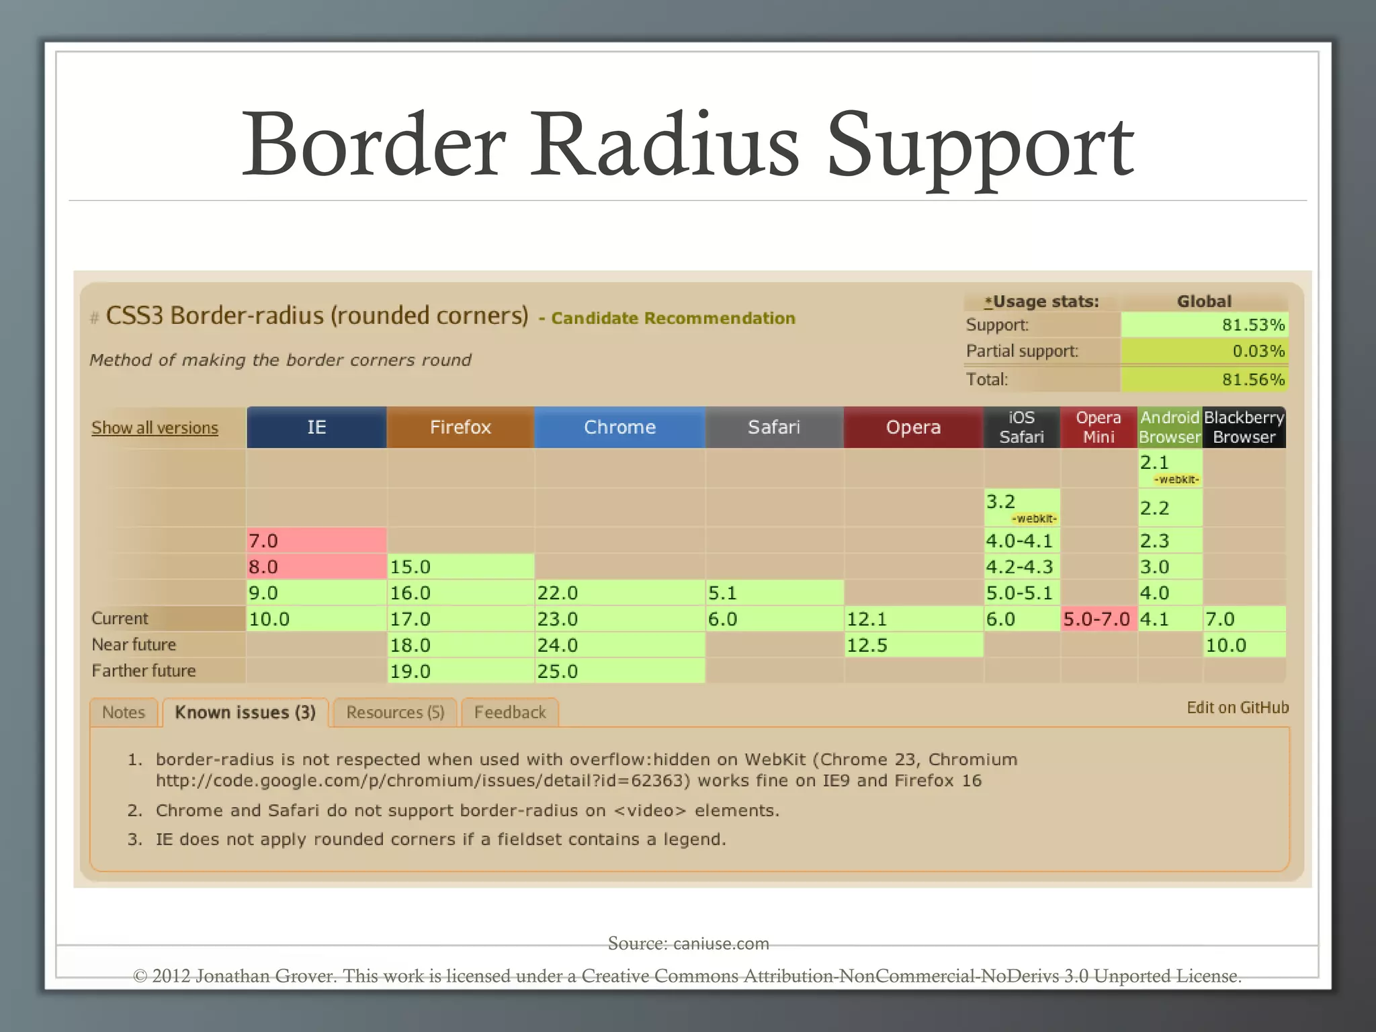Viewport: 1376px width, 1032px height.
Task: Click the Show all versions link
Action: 155,428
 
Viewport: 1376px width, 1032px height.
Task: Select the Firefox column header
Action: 460,427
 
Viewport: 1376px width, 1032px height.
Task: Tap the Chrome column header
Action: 619,427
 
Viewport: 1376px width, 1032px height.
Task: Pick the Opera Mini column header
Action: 1099,427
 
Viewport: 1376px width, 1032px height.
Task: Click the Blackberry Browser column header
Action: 1244,427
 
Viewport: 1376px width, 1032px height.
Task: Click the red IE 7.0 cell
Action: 316,540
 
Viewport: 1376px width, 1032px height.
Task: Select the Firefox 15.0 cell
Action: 460,566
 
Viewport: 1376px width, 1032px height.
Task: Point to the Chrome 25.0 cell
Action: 619,671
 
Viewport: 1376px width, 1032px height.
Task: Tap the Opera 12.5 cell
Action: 913,645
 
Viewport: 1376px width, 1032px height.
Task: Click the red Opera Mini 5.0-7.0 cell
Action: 1099,619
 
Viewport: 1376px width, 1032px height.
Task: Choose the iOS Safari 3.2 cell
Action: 1021,507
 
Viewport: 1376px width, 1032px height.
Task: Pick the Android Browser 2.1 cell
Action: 1169,468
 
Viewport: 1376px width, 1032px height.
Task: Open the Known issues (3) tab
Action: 245,712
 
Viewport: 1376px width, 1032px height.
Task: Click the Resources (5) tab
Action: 395,712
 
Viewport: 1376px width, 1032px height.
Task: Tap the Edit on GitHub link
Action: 1238,707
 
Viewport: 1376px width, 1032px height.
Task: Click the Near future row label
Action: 134,644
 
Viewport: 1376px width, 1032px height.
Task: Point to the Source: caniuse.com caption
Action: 688,943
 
